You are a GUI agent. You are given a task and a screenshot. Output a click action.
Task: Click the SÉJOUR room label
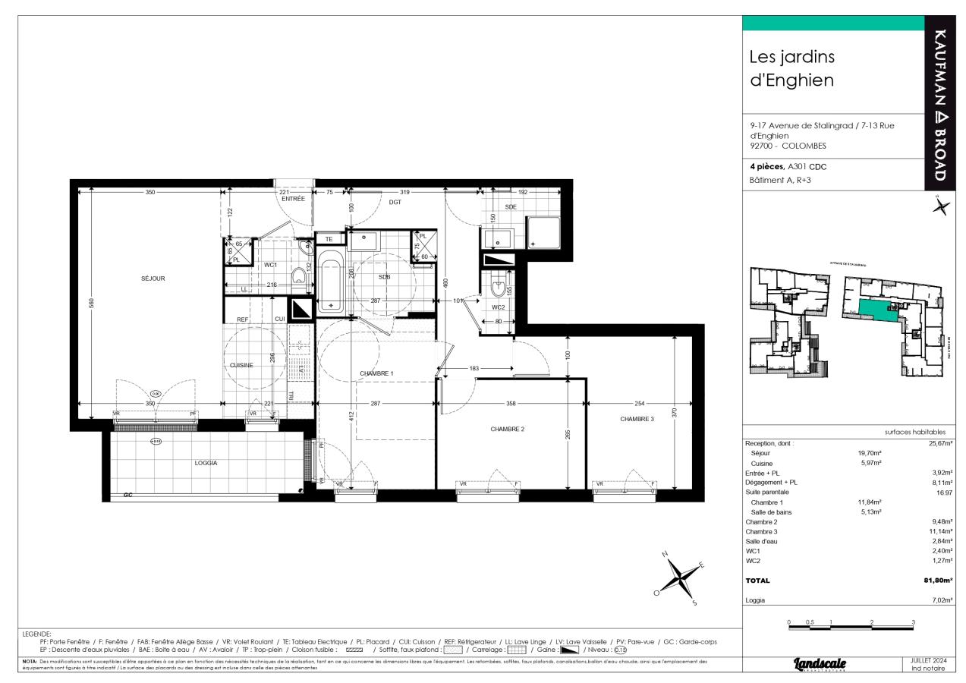(153, 279)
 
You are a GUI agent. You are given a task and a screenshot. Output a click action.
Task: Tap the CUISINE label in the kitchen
(241, 365)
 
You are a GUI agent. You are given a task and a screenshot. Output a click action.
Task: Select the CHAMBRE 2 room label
(508, 429)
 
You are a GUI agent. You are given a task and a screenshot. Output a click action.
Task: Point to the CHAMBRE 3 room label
(637, 419)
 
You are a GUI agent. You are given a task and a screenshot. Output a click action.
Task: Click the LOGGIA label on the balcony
(206, 462)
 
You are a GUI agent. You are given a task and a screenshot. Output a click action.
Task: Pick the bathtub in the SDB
(331, 285)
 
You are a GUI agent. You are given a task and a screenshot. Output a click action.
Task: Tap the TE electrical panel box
(330, 239)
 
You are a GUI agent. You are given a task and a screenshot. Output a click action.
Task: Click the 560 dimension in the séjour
(91, 304)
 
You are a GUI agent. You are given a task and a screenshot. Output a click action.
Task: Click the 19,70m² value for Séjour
(869, 452)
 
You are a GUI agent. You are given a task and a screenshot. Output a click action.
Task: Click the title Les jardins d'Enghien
(792, 68)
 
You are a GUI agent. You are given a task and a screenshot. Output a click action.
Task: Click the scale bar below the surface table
(851, 627)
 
